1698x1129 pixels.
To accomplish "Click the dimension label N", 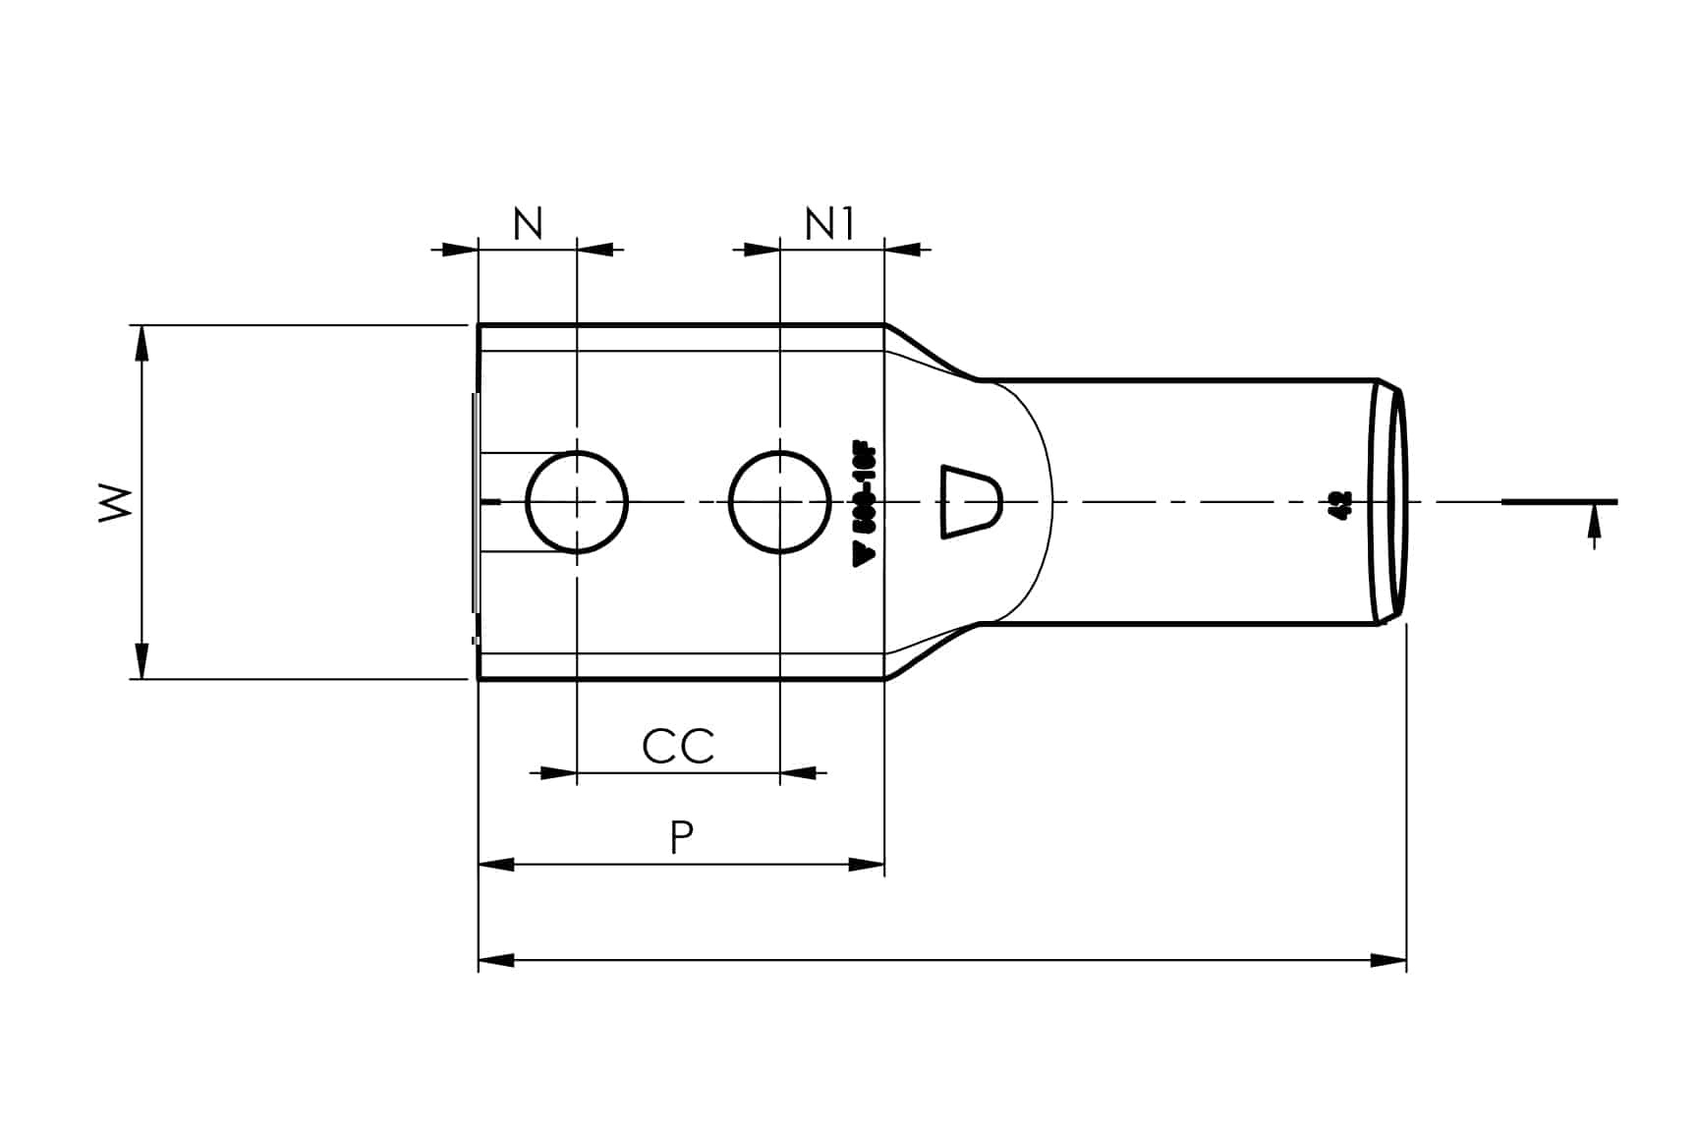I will point(528,224).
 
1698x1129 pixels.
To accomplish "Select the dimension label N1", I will point(830,224).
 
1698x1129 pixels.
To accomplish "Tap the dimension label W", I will point(116,502).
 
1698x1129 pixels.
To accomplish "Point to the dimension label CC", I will point(678,747).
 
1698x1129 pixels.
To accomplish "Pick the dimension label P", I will point(681,838).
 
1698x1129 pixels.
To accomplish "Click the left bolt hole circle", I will point(577,502).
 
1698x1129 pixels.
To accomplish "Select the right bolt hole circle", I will point(780,502).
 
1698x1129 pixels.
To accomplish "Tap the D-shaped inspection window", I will point(970,501).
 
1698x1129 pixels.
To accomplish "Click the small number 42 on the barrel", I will point(1339,505).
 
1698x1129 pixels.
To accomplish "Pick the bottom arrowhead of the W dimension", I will point(142,661).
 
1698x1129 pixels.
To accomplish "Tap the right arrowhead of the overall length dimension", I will point(1388,960).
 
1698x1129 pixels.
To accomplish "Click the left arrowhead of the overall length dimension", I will point(496,960).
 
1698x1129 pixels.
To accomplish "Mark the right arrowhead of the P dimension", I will point(867,865).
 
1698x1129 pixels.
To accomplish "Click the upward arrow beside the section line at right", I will point(1594,526).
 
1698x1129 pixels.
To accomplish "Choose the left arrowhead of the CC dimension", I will point(558,773).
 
